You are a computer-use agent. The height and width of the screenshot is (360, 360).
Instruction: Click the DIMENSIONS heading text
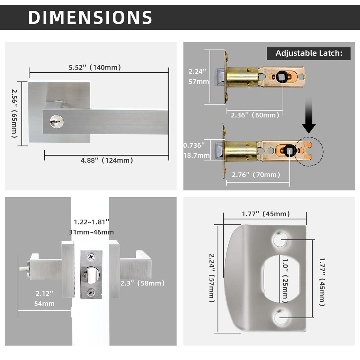[90, 17]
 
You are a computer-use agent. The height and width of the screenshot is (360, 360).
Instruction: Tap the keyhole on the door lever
[57, 121]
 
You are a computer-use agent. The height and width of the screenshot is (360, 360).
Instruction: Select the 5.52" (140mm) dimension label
[95, 67]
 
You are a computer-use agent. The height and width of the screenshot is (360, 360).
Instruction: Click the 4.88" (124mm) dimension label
[107, 160]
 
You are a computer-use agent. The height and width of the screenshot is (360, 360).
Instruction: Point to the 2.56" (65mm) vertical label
[14, 113]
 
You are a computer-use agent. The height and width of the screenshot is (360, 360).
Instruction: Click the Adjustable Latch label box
[309, 53]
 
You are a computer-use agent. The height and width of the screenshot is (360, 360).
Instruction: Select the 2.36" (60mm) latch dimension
[255, 115]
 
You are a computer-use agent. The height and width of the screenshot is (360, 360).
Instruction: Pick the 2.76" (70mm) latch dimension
[256, 175]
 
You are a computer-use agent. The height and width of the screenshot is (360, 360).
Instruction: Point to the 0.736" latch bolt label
[194, 145]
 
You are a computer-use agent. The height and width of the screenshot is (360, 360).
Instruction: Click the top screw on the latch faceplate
[91, 257]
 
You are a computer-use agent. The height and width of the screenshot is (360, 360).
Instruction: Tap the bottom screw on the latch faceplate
[90, 292]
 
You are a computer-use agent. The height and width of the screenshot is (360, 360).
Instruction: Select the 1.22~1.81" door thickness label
[91, 222]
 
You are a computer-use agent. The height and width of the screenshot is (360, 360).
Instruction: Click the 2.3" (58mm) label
[142, 283]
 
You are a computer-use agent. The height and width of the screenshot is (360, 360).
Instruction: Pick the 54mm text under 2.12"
[44, 304]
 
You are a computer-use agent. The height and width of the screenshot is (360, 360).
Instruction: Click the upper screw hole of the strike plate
[280, 239]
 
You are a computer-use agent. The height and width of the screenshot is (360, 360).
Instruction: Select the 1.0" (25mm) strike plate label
[285, 280]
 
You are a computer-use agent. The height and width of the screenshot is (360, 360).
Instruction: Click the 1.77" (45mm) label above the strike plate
[266, 214]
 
